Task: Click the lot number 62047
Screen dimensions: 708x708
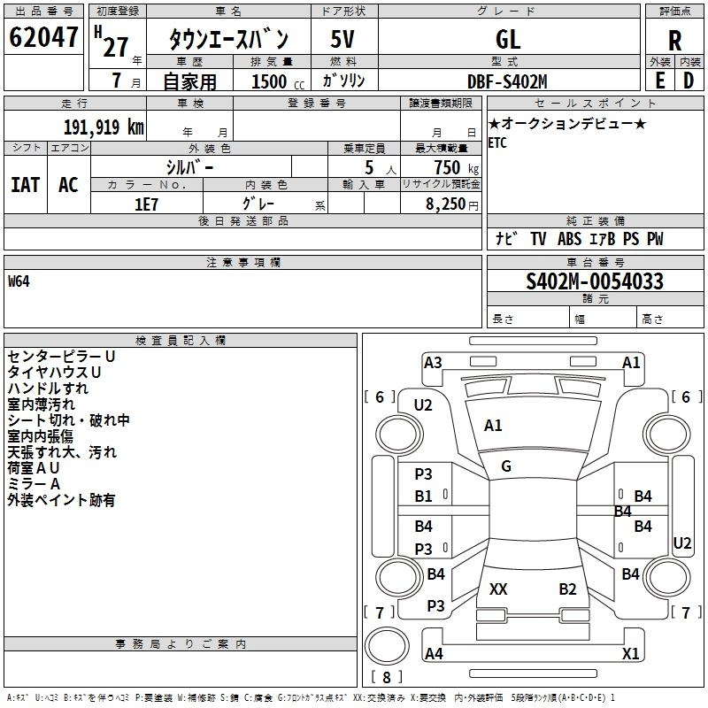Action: pos(43,37)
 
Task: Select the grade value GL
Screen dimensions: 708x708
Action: pos(508,39)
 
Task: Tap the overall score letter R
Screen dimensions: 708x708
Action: pos(674,41)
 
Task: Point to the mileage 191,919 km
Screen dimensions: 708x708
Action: pos(104,127)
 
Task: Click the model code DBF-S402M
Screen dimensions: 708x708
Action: pos(507,81)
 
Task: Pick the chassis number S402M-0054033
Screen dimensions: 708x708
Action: pos(595,281)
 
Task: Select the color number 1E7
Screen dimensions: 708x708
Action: pos(146,204)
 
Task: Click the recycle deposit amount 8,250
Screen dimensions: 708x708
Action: pos(446,204)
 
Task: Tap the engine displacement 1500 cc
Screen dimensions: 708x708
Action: pos(278,81)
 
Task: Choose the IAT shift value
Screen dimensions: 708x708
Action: pos(26,185)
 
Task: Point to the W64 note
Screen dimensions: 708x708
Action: pos(19,281)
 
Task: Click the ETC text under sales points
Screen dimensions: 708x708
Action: pos(497,142)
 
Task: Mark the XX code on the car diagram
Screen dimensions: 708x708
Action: pos(498,589)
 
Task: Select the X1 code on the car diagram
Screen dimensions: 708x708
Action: pos(630,653)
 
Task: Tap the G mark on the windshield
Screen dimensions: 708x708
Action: pos(506,466)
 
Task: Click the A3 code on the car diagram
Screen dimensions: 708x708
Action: pos(433,363)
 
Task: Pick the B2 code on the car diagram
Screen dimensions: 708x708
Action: pos(567,589)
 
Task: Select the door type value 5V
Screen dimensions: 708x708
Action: pos(342,39)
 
